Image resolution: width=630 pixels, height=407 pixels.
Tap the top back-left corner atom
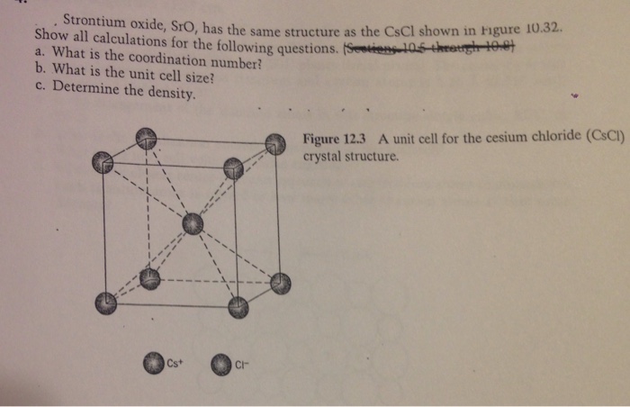coord(145,138)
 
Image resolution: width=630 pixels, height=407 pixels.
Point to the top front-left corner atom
coord(103,163)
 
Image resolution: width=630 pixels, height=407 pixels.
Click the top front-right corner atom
coord(233,167)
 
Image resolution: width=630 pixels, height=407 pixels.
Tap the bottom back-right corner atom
coord(280,283)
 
